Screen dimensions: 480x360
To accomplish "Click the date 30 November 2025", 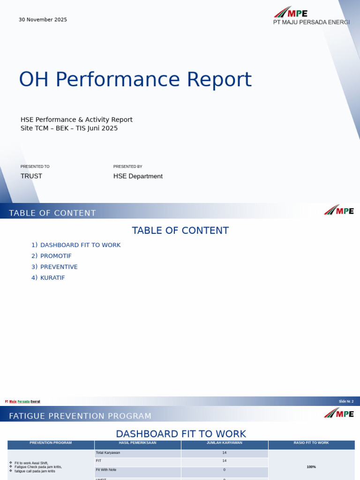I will (43, 20).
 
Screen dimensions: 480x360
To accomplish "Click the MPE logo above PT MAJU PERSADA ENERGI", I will (291, 13).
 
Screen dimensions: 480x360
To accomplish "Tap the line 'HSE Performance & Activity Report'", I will (76, 120).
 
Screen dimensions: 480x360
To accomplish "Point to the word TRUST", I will (31, 176).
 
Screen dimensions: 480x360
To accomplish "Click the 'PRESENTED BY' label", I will (127, 166).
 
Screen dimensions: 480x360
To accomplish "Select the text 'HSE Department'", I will (138, 176).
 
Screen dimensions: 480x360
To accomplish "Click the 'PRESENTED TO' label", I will (35, 166).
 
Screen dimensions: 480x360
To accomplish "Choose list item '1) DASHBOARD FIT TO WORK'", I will (76, 245).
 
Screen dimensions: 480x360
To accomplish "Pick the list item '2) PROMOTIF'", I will (52, 256).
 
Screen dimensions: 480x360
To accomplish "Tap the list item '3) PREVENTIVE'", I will (54, 267).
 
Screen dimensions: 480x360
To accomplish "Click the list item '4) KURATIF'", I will (48, 277).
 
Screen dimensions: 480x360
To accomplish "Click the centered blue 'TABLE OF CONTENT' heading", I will (180, 231).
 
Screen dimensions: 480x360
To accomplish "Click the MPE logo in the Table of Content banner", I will (338, 210).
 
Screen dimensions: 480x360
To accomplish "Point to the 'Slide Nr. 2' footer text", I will (346, 401).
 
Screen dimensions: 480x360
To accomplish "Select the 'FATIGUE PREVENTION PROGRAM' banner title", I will (80, 416).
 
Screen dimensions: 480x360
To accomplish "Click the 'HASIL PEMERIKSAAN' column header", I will (137, 442).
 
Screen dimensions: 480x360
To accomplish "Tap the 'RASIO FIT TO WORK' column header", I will (311, 442).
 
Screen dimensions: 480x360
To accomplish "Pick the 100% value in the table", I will (311, 467).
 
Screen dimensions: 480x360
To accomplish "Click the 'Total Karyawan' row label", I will (108, 453).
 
